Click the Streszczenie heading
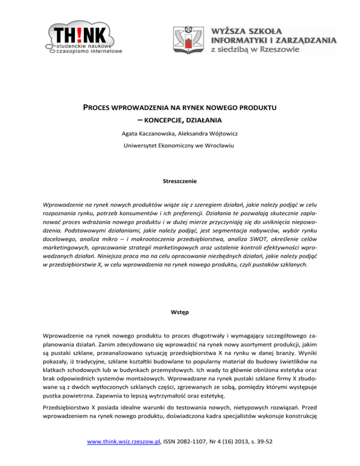pyautogui.click(x=180, y=180)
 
